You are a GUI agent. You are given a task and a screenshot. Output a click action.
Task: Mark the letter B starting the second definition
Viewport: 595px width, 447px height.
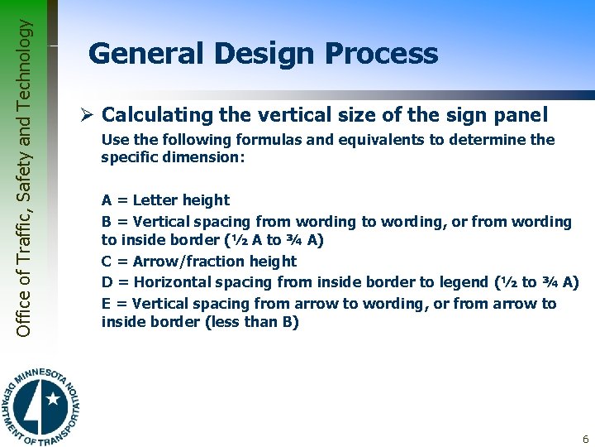click(107, 221)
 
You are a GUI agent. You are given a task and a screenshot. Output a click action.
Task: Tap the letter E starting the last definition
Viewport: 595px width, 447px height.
click(107, 303)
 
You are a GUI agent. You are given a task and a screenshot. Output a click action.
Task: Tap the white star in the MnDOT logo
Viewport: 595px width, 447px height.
click(53, 400)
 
